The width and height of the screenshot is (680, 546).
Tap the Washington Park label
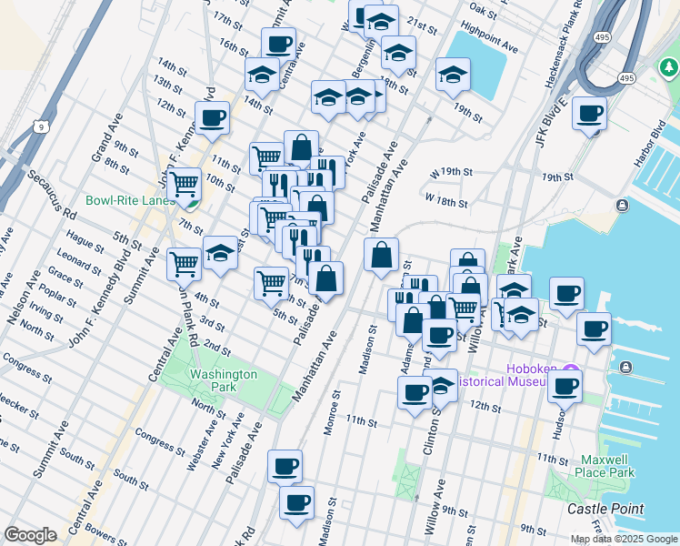coord(223,380)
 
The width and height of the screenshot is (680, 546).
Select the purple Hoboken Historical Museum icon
coord(570,373)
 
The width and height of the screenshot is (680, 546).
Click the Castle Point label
coord(605,510)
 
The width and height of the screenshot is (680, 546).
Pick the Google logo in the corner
coord(30,535)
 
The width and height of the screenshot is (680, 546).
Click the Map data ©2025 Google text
coord(624,539)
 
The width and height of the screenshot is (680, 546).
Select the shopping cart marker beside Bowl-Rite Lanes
coord(185,185)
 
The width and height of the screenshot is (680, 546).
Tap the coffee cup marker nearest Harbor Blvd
coord(589,114)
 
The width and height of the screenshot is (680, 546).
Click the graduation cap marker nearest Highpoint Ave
coord(452,76)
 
